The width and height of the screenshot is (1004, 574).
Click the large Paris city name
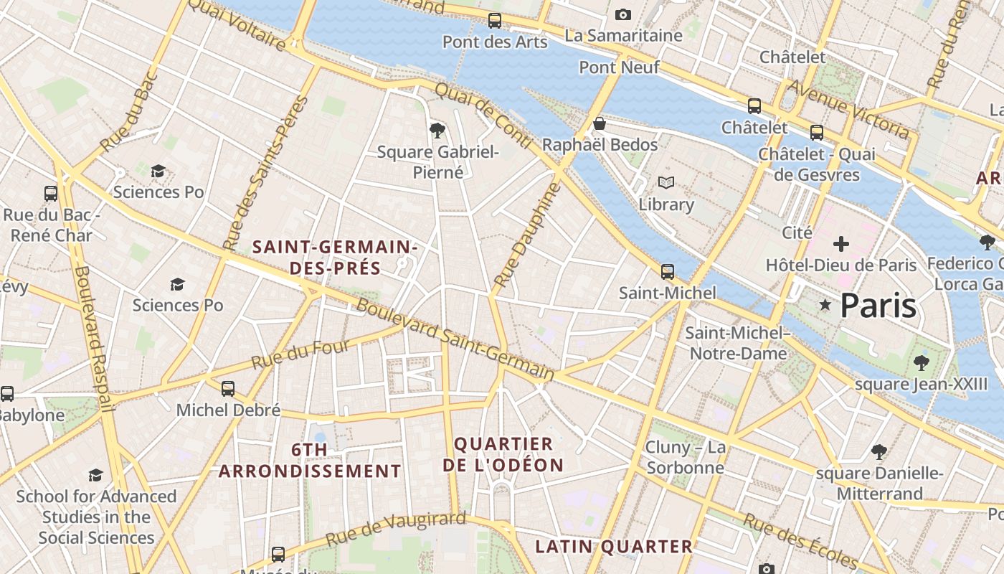pyautogui.click(x=879, y=306)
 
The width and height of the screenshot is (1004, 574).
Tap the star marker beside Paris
pyautogui.click(x=825, y=306)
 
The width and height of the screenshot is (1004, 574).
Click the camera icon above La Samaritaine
pyautogui.click(x=623, y=14)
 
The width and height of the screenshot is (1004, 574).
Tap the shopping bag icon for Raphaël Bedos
pyautogui.click(x=600, y=124)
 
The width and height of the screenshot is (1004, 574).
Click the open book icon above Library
pyautogui.click(x=666, y=183)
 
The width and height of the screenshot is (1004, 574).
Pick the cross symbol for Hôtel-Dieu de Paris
pyautogui.click(x=840, y=244)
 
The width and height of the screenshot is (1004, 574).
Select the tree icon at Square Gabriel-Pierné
pyautogui.click(x=437, y=131)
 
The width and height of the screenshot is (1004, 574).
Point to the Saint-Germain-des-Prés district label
pyautogui.click(x=335, y=258)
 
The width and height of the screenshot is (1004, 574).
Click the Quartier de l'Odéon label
pyautogui.click(x=503, y=454)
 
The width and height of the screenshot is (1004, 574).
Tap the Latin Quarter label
pyautogui.click(x=614, y=547)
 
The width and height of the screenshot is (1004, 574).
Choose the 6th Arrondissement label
pyautogui.click(x=310, y=461)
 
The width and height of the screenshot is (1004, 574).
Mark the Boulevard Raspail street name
pyautogui.click(x=93, y=339)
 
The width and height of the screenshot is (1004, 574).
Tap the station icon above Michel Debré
pyautogui.click(x=228, y=389)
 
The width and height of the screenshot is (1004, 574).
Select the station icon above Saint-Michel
pyautogui.click(x=668, y=272)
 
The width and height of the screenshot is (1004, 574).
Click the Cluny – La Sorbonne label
pyautogui.click(x=686, y=458)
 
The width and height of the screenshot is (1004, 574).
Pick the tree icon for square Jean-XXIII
pyautogui.click(x=922, y=363)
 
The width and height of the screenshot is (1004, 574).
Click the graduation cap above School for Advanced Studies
pyautogui.click(x=95, y=475)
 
